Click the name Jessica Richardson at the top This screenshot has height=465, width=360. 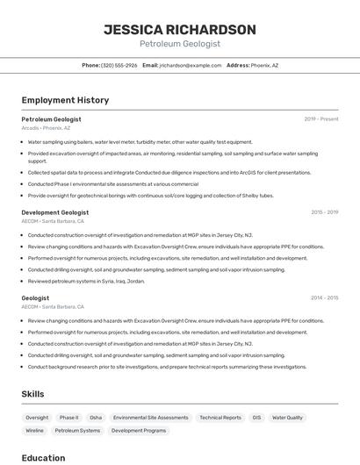(180, 29)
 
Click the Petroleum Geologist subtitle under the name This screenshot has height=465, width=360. (180, 44)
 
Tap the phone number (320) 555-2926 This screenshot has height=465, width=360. (119, 65)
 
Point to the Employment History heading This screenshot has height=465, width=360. (65, 100)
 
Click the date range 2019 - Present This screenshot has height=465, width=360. (321, 118)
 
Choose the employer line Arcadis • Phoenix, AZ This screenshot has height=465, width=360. (46, 127)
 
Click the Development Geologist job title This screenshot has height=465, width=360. (54, 212)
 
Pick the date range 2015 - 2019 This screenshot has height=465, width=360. (324, 212)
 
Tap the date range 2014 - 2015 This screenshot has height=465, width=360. (324, 297)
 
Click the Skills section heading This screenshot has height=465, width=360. (32, 394)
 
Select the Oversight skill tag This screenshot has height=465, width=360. (37, 418)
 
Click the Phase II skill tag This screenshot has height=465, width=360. (68, 418)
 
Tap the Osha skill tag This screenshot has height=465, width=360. (96, 418)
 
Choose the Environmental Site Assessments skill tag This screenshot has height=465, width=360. (151, 418)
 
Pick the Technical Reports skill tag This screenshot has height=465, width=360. (220, 418)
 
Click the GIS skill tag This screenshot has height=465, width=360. (257, 418)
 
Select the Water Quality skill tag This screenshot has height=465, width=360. (287, 418)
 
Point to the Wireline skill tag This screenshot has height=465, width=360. (35, 431)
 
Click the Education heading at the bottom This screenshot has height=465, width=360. (43, 458)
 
